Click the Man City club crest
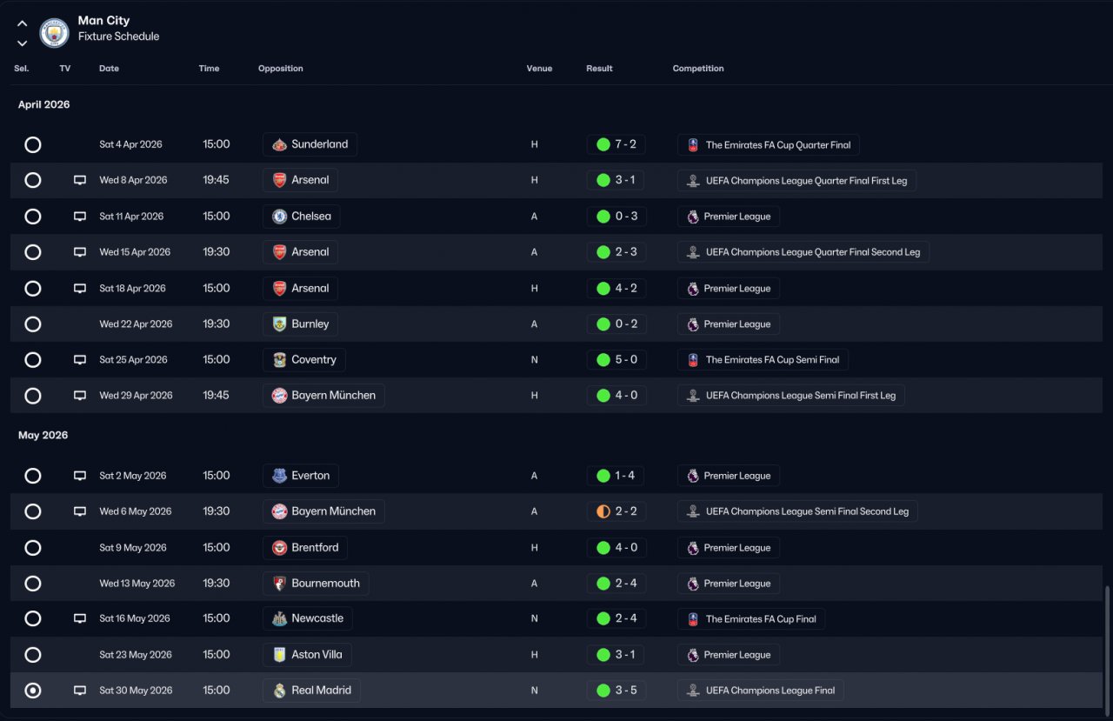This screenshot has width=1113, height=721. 54,33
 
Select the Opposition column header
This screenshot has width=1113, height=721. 280,69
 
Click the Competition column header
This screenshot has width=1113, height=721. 697,69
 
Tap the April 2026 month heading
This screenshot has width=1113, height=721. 43,104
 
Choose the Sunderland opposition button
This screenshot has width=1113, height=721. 310,144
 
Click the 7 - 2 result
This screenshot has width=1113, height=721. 616,144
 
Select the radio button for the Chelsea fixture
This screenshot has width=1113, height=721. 33,217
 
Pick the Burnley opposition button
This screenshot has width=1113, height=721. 301,324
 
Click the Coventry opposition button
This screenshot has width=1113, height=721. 304,360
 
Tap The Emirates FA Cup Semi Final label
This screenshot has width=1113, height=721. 763,360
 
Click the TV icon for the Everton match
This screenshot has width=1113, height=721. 80,476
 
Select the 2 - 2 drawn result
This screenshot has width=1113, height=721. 616,511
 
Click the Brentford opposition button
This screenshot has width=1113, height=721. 305,548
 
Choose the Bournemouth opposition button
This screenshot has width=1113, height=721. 316,584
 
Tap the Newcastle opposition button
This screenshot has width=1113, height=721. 308,619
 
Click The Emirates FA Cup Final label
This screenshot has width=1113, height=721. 751,619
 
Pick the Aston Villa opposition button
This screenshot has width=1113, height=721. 307,655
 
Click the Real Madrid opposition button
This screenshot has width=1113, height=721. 311,691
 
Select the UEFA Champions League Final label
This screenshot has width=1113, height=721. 760,691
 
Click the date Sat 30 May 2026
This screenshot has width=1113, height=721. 136,691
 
